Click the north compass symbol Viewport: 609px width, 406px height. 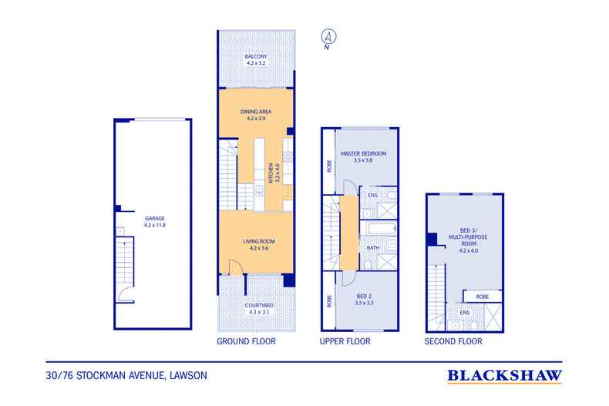[x=328, y=39]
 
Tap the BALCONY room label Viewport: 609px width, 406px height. [x=256, y=56]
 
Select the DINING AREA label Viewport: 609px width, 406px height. [x=256, y=112]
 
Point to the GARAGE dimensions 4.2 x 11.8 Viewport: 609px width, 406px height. [x=155, y=225]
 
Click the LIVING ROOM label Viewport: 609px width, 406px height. [x=259, y=241]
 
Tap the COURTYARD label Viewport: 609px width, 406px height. [x=259, y=306]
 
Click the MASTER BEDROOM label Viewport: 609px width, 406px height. [x=364, y=154]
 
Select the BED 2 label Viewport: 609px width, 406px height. [x=364, y=296]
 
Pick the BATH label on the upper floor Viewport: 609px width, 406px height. [x=373, y=247]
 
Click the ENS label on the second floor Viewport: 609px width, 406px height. [x=465, y=313]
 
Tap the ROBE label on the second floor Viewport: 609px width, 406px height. [x=483, y=297]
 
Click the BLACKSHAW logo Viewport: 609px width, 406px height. [x=504, y=376]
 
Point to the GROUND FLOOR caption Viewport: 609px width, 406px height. [x=246, y=341]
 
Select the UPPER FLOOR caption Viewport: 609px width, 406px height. [x=345, y=341]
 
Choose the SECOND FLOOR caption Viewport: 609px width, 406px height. [x=453, y=341]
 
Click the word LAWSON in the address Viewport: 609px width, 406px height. [x=188, y=376]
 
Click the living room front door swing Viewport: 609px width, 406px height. [x=236, y=267]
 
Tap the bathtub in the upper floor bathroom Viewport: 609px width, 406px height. [x=382, y=229]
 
